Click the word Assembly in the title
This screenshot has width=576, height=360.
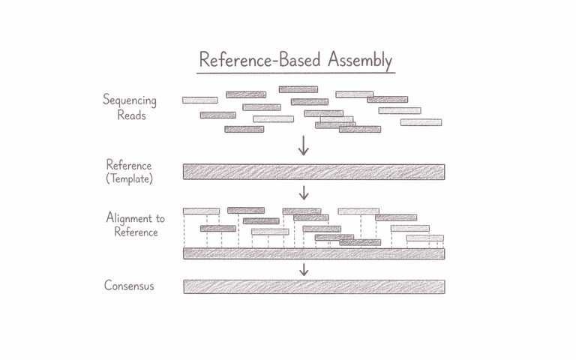point(360,61)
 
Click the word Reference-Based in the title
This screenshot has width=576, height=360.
point(260,59)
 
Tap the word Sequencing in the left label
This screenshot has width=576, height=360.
point(130,100)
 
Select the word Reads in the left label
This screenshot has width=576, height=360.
point(131,115)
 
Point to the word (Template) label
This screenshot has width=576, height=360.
point(129,179)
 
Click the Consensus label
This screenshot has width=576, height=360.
point(129,286)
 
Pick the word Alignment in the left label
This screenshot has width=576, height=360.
point(130,218)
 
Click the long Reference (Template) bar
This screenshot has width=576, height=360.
point(314,172)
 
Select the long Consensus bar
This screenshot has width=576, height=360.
point(314,286)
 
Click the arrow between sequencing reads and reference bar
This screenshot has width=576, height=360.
point(304,145)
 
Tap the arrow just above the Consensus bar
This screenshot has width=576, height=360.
point(304,269)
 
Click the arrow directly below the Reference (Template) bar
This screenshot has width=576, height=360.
point(304,193)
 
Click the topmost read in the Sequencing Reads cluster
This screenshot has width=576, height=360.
point(298,89)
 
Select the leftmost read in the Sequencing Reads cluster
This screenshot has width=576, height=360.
point(199,100)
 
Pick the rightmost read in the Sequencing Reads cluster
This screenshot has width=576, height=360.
point(421,122)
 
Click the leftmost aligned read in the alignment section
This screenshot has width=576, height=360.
point(201,211)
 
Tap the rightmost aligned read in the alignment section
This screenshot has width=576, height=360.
point(425,238)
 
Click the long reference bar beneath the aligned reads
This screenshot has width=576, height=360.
point(314,253)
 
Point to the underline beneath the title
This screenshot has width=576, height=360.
point(295,73)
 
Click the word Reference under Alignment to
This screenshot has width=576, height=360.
point(136,232)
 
